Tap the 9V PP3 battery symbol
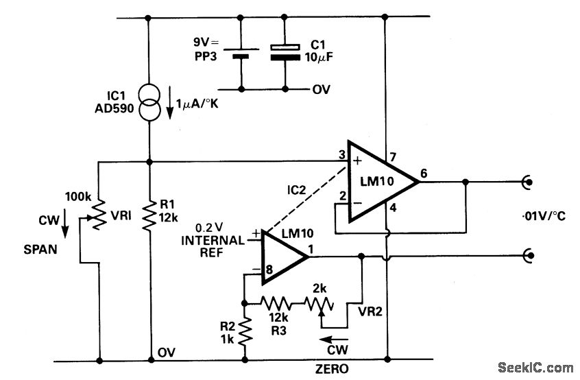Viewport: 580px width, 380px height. point(241,53)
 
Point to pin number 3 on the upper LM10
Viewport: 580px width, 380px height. point(340,156)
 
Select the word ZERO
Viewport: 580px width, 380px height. point(331,369)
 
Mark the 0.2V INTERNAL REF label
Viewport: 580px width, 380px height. point(212,240)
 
